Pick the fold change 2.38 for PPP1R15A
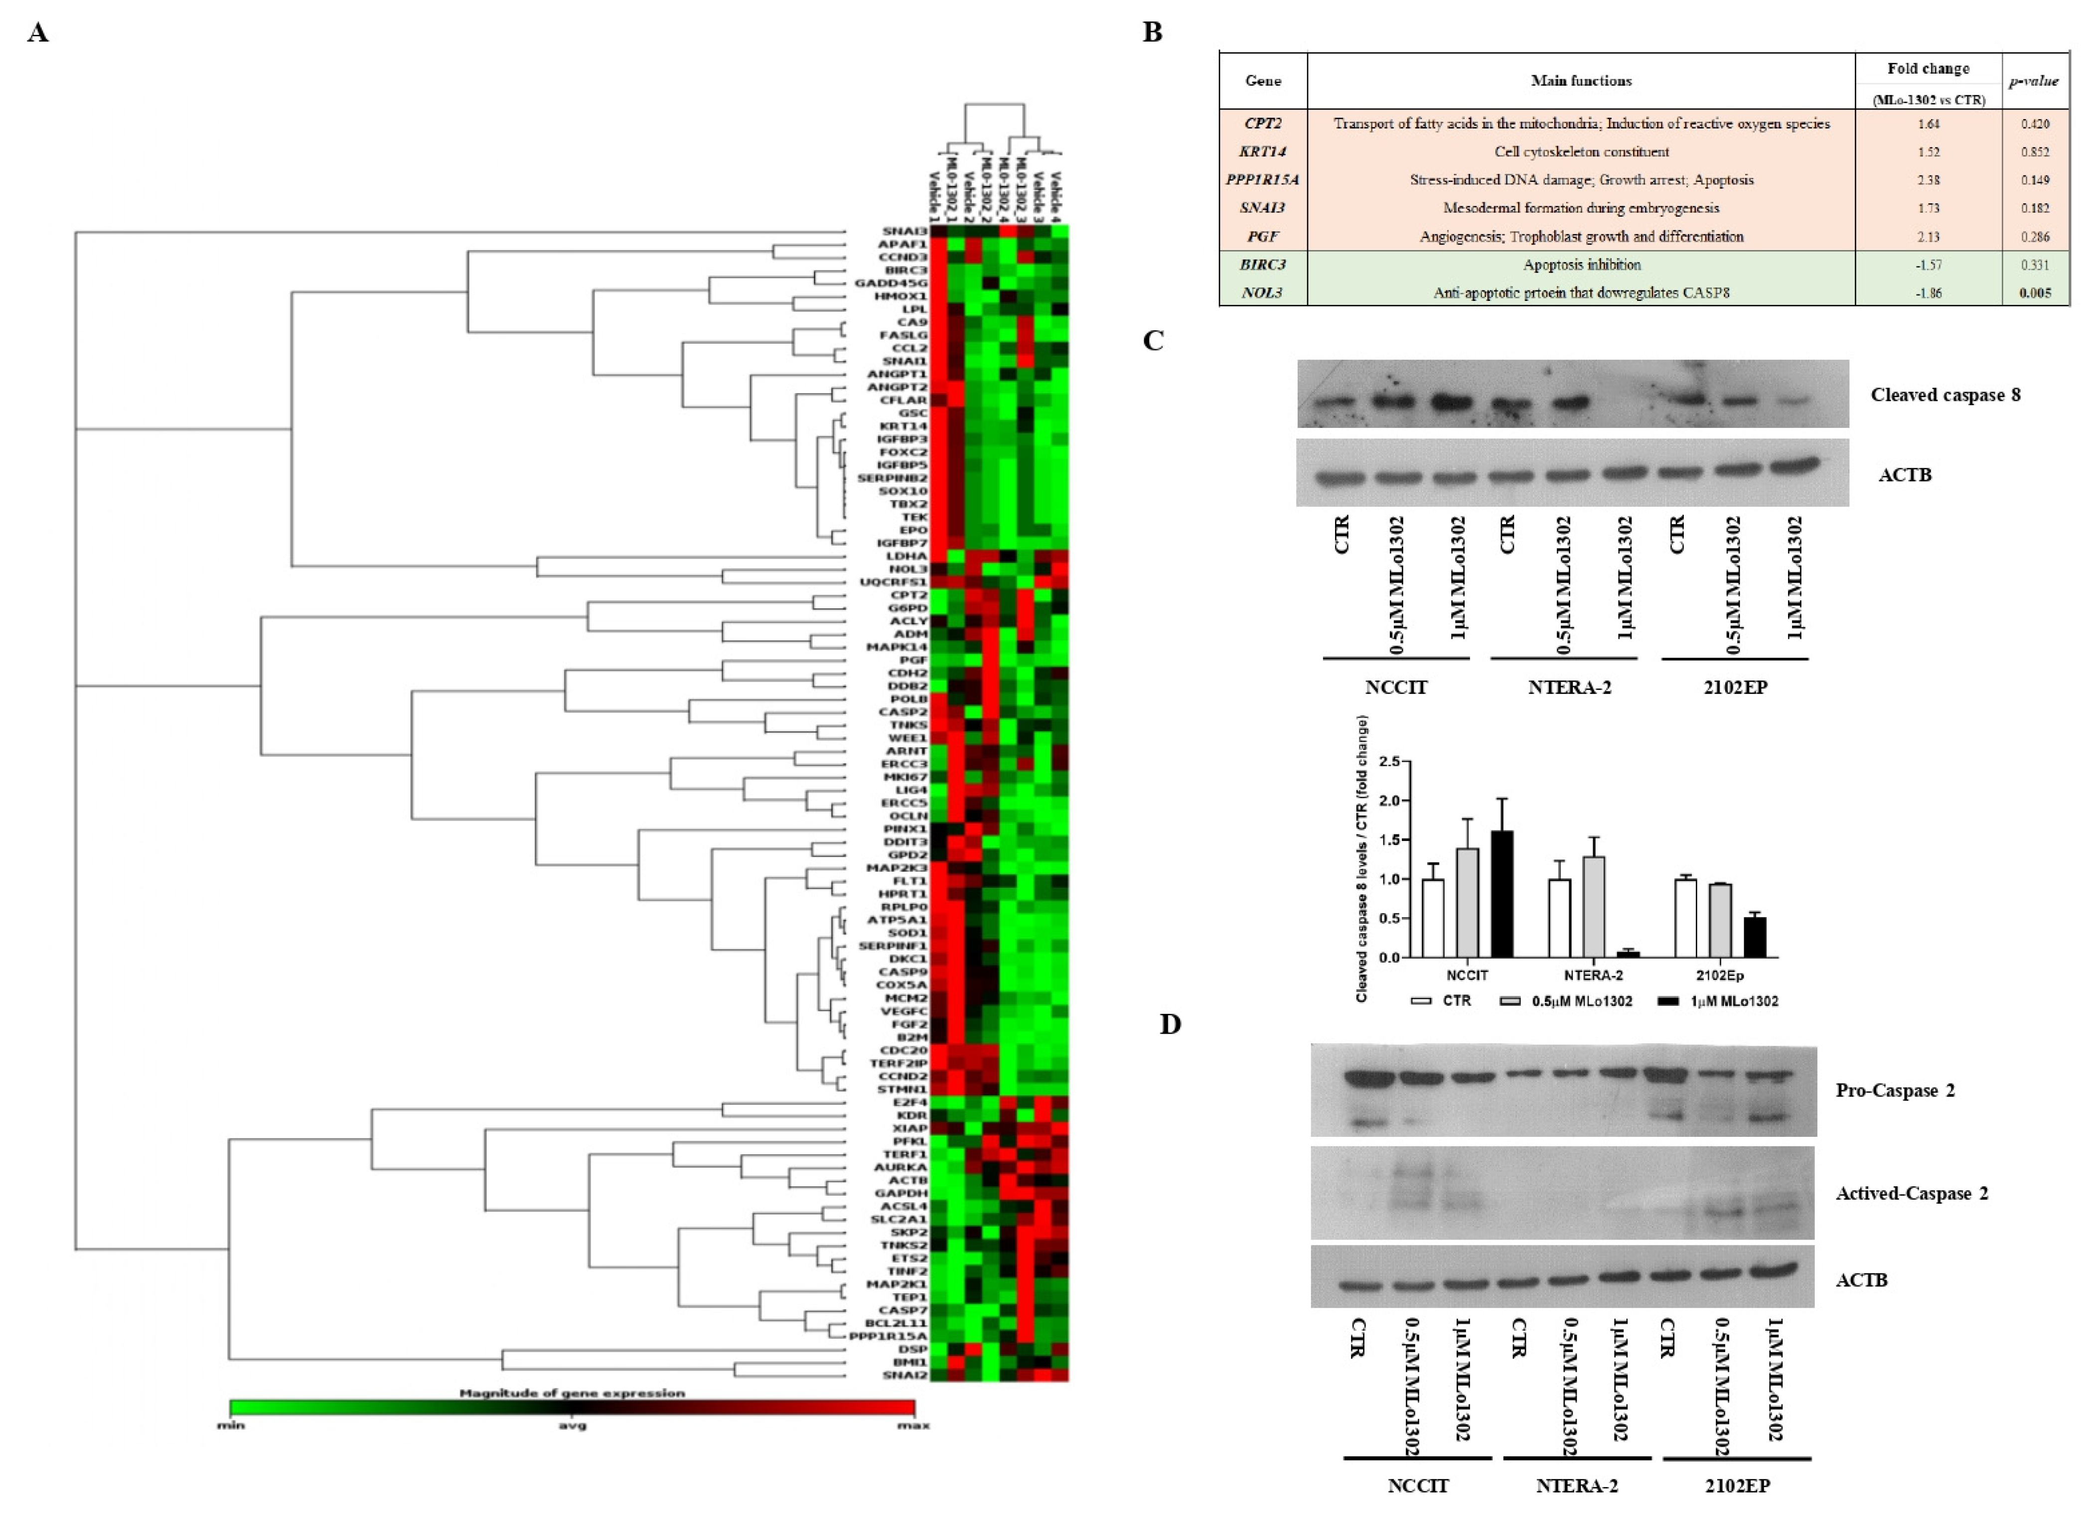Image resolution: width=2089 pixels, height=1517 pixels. pos(1928,180)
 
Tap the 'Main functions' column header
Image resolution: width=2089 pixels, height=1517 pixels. pos(1581,81)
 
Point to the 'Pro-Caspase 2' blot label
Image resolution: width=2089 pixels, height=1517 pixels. pos(1895,1091)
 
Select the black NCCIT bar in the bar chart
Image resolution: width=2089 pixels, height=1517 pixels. pos(1502,893)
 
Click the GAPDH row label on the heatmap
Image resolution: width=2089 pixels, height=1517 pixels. pos(901,1193)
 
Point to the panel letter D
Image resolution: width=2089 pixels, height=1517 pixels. pos(1170,1024)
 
